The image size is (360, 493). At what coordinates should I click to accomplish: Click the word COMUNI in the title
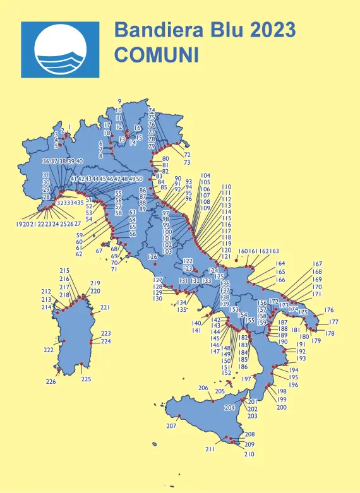(156, 54)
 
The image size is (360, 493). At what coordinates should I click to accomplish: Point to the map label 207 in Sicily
(171, 426)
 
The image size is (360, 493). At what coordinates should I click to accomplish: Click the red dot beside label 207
(179, 415)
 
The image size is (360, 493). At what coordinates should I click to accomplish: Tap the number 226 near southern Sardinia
(51, 381)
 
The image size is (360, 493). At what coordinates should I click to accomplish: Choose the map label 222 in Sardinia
(49, 349)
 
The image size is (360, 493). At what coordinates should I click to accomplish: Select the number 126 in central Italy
(152, 257)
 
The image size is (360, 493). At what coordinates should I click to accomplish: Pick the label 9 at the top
(119, 101)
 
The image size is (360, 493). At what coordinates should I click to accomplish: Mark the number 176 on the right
(329, 310)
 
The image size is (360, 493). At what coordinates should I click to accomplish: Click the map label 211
(210, 449)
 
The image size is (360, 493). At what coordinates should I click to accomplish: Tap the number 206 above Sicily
(203, 388)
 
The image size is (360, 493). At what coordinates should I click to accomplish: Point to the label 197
(247, 379)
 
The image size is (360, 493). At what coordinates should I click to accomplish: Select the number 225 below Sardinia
(87, 379)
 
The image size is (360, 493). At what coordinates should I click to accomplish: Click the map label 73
(187, 163)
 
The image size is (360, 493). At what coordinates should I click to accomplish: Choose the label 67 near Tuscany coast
(99, 251)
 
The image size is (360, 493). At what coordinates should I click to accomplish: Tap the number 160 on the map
(243, 251)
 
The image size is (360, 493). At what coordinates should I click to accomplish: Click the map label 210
(249, 454)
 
